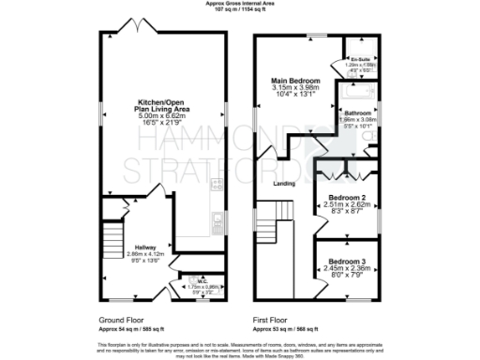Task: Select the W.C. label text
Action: [201, 278]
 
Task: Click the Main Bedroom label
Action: [295, 81]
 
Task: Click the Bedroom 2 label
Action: [348, 199]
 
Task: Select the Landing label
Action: [284, 184]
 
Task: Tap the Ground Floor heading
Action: [119, 319]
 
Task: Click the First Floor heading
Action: [272, 319]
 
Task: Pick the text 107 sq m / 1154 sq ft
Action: [239, 9]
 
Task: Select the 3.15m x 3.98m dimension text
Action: [295, 88]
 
